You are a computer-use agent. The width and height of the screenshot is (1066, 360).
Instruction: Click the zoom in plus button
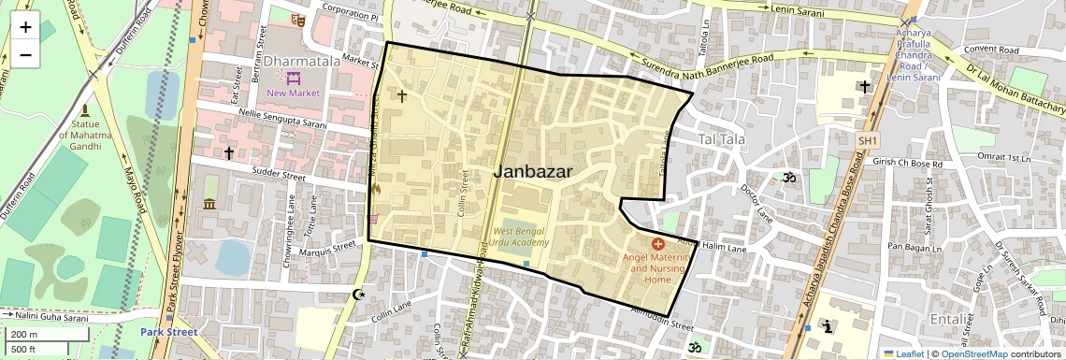(x=25, y=27)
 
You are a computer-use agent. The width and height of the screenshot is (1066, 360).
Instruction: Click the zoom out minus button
(x=25, y=55)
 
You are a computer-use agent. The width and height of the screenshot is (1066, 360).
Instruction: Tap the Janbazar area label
(x=532, y=171)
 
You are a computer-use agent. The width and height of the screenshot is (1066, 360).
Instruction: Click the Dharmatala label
(x=301, y=61)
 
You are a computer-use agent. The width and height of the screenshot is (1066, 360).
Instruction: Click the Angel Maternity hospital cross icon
(x=657, y=244)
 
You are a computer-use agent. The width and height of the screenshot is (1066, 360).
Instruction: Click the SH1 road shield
(x=868, y=140)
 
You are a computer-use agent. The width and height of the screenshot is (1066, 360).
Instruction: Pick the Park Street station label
(x=168, y=332)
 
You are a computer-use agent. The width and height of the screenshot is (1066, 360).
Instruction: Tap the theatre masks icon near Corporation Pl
(x=298, y=19)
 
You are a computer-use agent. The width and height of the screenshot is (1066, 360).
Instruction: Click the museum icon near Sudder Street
(x=209, y=204)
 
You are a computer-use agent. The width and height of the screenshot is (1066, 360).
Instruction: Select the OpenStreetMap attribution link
(x=973, y=353)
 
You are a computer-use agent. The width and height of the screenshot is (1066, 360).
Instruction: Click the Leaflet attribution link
(x=903, y=353)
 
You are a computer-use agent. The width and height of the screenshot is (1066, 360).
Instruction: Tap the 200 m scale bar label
(x=25, y=335)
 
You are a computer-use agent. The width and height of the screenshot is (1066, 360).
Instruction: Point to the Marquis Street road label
(x=330, y=248)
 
